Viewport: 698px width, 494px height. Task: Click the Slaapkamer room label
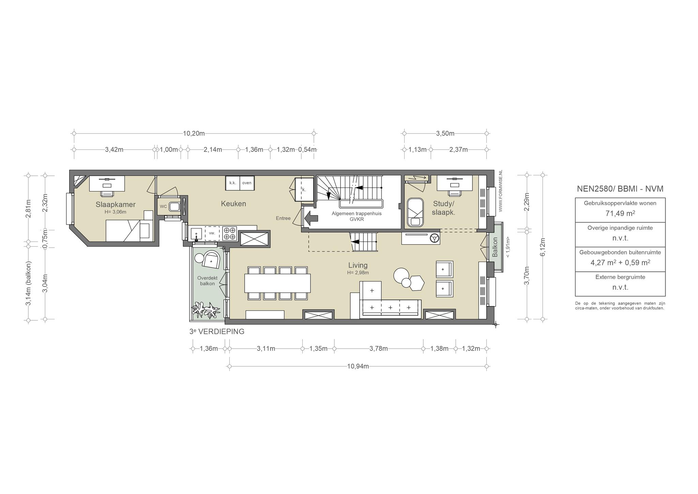(x=116, y=205)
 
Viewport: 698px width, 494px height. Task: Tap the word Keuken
(x=233, y=204)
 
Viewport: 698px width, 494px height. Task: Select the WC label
(x=163, y=206)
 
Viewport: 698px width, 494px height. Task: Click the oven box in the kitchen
(x=247, y=183)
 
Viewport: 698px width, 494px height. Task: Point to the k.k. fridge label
(x=233, y=183)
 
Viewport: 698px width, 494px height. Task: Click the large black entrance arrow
(x=310, y=218)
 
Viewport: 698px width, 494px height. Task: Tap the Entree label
(x=283, y=218)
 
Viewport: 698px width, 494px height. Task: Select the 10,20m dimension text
(x=194, y=133)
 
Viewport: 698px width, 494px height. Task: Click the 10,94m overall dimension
(x=358, y=366)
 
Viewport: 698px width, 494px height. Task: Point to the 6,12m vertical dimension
(x=543, y=247)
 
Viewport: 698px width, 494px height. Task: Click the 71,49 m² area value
(x=620, y=214)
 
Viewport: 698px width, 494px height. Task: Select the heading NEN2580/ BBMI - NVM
(x=620, y=189)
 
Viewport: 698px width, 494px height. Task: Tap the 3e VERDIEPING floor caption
(x=217, y=332)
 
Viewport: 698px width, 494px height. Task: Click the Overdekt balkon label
(x=207, y=281)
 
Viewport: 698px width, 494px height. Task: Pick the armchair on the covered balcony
(x=212, y=260)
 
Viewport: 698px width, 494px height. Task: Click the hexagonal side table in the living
(x=417, y=283)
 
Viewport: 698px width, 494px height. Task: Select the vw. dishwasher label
(x=212, y=233)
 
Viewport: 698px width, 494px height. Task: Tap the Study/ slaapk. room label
(x=444, y=208)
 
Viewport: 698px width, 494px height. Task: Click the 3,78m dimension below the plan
(x=379, y=349)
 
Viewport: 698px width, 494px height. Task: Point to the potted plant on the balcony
(x=206, y=310)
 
